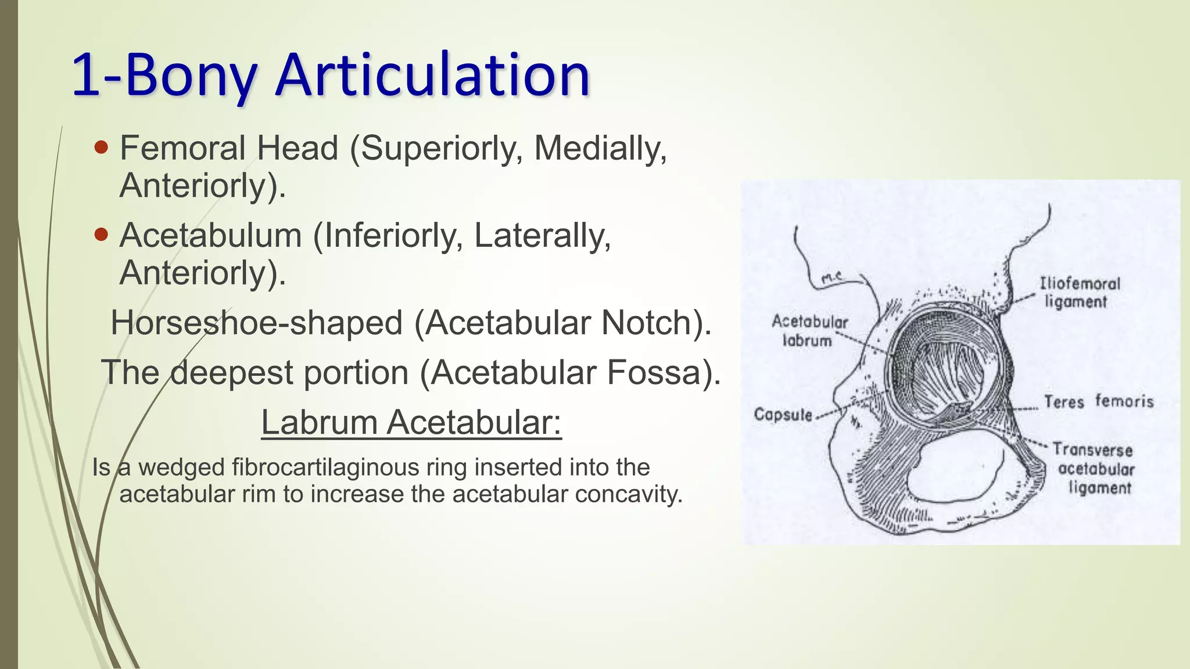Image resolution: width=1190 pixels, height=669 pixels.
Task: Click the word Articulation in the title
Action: coord(433,75)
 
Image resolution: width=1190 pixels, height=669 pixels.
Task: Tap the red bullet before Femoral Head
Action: coord(101,148)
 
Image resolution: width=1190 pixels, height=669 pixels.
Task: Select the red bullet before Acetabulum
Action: coord(101,235)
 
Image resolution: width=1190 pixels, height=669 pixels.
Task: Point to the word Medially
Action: coord(600,148)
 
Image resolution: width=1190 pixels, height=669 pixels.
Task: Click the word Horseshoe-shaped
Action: coord(256,323)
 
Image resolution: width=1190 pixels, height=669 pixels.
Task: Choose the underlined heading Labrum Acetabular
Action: coord(411,422)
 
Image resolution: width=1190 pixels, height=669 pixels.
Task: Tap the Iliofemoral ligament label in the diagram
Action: coord(1079,293)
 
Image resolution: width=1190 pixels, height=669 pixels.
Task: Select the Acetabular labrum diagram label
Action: coord(809,331)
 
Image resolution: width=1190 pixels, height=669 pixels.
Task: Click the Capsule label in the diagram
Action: coord(783,415)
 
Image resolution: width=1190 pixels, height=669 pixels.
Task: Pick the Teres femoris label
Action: coord(1098,401)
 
